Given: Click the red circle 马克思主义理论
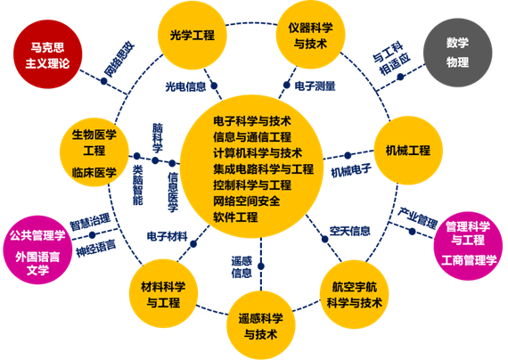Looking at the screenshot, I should coord(48,55).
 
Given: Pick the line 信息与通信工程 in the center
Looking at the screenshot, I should coord(252,136).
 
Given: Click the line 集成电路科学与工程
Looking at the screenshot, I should coord(263,168).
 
